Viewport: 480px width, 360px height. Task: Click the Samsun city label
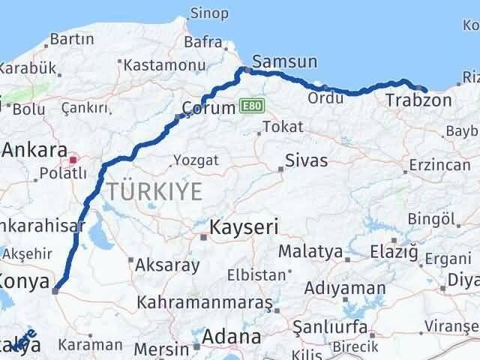285,61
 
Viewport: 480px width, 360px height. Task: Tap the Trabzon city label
418,100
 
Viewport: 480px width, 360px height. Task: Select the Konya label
24,283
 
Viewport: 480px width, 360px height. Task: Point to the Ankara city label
34,150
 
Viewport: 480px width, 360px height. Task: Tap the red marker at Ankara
73,159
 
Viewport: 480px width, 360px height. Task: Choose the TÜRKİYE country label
154,191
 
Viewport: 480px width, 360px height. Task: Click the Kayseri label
244,226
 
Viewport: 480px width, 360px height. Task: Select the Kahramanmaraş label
205,303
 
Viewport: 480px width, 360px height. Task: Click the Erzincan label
440,163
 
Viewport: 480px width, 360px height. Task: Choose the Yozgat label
196,160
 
